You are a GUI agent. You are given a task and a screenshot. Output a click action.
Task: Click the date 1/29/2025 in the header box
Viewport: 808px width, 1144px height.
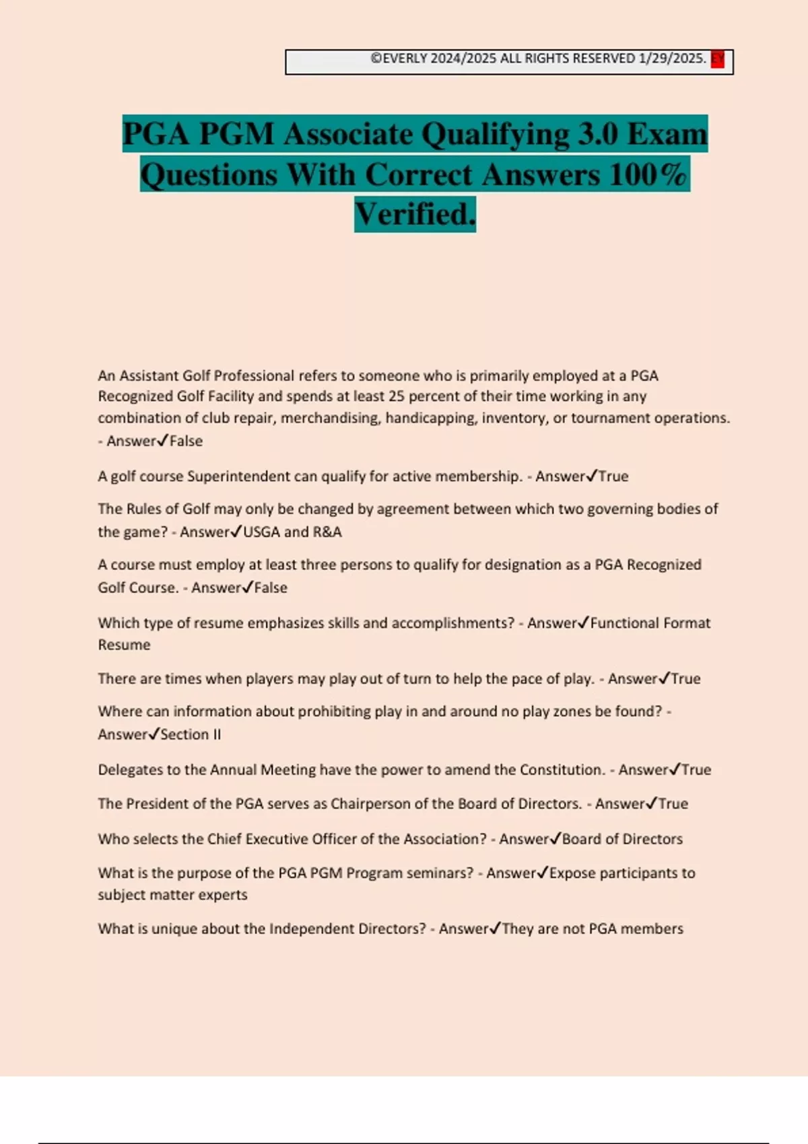coord(671,59)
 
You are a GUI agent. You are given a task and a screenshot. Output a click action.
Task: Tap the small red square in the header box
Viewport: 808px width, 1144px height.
coord(718,59)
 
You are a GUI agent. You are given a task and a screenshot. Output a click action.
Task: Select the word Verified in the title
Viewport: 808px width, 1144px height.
coord(415,214)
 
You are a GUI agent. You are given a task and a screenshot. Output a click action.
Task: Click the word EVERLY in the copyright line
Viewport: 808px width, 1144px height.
coord(405,59)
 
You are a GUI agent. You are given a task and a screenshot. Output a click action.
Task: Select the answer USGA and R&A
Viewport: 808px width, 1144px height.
coord(292,532)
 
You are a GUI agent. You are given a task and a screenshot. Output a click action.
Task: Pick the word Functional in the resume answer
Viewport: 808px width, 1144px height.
coord(623,623)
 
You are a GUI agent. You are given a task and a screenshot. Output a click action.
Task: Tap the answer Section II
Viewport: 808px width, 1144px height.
coord(191,735)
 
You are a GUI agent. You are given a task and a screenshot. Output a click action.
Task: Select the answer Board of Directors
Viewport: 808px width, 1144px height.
coord(622,839)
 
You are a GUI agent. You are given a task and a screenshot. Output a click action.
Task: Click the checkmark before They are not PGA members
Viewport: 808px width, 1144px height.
coord(495,929)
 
